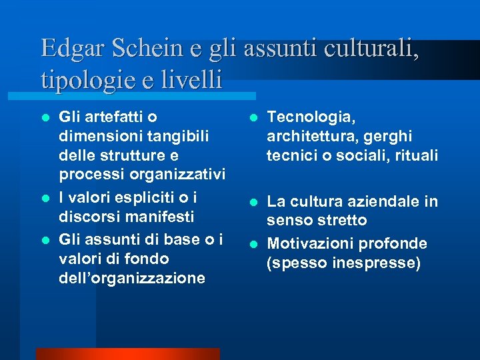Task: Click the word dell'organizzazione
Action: (132, 278)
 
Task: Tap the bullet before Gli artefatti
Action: (45, 118)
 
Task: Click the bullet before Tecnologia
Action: (253, 118)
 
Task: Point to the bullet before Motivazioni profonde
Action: (253, 245)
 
